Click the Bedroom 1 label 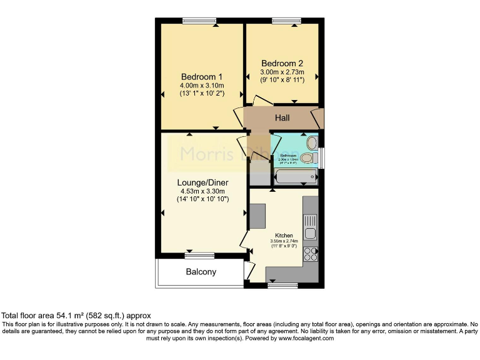(201, 77)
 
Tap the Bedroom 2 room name (282, 63)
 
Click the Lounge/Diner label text (201, 182)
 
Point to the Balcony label (201, 272)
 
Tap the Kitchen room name (284, 236)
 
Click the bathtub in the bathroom (296, 177)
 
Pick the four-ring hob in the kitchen (310, 253)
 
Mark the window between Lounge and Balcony (199, 256)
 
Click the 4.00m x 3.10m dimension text (201, 86)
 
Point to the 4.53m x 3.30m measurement (201, 191)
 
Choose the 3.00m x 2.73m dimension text (282, 72)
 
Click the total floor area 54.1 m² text (76, 316)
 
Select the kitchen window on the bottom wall (282, 285)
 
